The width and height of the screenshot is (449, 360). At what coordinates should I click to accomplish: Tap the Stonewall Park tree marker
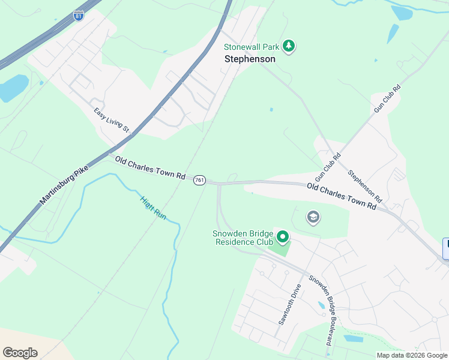point(289,46)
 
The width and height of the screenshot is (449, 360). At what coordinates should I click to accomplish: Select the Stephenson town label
point(250,59)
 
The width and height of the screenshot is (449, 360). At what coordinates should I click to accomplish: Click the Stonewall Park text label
point(252,46)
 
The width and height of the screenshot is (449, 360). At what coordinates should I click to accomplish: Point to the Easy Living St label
point(111,120)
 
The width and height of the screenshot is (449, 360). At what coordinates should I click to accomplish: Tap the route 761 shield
point(200,180)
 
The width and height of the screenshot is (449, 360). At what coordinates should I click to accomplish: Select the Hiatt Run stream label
point(152,208)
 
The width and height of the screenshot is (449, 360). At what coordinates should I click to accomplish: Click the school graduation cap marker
point(313,217)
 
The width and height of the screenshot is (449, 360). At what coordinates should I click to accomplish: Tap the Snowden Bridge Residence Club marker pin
point(283,238)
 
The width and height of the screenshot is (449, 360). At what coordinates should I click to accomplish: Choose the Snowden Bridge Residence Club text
point(244,238)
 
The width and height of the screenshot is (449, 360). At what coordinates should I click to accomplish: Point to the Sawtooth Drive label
point(289,304)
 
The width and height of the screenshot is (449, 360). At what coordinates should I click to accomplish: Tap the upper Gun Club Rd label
point(387,99)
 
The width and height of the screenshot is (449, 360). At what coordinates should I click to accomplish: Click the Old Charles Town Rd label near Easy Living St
point(150,168)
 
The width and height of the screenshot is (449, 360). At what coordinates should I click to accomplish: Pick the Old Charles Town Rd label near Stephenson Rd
point(341,196)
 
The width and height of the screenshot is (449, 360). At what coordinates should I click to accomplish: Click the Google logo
point(20,352)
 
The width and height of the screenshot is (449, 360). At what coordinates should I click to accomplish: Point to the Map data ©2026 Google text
point(412,355)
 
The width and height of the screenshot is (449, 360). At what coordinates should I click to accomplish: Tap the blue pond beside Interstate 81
point(13,89)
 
